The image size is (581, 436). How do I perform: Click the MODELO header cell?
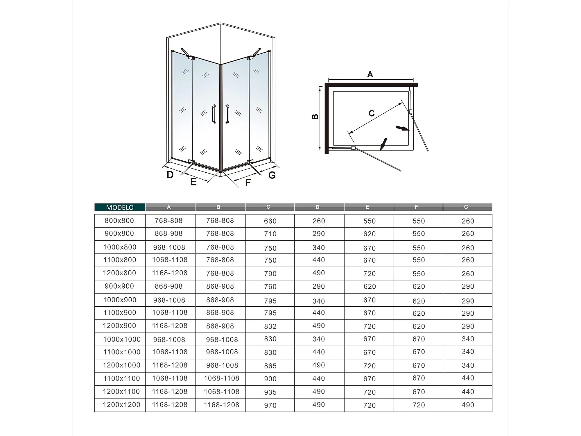click(120, 207)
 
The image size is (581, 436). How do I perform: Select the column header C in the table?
click(268, 207)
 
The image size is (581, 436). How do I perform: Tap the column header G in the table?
click(466, 207)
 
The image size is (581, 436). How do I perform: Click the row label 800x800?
click(119, 221)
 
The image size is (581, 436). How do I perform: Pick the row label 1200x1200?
click(121, 405)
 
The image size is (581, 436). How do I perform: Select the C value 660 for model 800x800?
click(270, 221)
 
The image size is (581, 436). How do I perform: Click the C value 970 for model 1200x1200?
click(270, 405)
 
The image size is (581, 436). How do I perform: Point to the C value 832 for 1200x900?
click(270, 326)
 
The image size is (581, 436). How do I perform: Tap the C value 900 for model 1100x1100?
click(270, 379)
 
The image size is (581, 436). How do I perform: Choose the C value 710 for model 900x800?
click(270, 234)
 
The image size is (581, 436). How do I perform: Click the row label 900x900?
click(119, 286)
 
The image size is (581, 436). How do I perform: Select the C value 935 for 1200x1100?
click(270, 392)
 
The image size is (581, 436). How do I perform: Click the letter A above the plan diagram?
click(370, 74)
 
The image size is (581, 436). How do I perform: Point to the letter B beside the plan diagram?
click(315, 117)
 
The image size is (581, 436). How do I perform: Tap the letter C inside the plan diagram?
click(372, 113)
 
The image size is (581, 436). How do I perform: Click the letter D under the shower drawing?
click(170, 175)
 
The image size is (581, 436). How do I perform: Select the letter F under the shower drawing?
click(248, 183)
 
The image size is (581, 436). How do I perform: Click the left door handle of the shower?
click(214, 114)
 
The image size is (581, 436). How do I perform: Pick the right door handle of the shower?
click(227, 114)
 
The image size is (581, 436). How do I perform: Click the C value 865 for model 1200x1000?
click(270, 366)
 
